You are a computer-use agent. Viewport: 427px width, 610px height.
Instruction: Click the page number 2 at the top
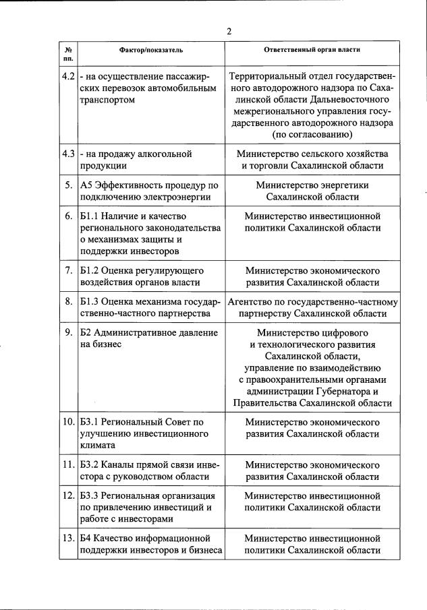click(x=229, y=31)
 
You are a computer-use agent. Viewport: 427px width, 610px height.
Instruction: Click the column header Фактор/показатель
click(x=151, y=50)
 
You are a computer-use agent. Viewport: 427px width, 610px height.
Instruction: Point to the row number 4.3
click(x=67, y=154)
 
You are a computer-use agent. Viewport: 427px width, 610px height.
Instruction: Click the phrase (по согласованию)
click(x=312, y=135)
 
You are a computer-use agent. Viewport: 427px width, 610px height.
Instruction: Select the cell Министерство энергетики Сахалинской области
click(x=312, y=191)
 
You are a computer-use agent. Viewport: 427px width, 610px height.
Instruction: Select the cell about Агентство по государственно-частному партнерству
click(x=312, y=307)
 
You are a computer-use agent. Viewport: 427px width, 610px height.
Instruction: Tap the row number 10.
click(x=68, y=422)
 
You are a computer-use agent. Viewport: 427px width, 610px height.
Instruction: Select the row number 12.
click(x=68, y=495)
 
